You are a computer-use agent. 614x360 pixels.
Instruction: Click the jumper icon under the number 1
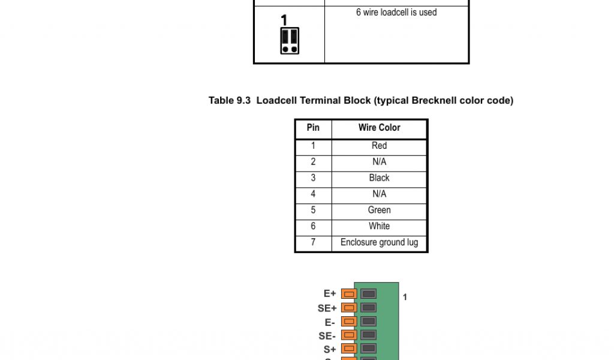[x=290, y=41]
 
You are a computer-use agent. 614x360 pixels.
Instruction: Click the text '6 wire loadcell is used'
[x=396, y=13]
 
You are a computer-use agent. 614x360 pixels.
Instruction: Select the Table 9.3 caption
[x=360, y=101]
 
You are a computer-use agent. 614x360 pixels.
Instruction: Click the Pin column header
[x=313, y=128]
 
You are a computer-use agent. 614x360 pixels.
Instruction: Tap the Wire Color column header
[x=379, y=128]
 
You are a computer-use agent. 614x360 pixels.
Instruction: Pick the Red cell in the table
[x=379, y=146]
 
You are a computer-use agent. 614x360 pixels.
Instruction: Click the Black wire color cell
[x=379, y=178]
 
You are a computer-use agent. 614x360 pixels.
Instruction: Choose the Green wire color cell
[x=379, y=211]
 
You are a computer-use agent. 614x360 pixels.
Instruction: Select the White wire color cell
[x=379, y=226]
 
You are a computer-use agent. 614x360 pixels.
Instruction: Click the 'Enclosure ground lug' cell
[x=379, y=243]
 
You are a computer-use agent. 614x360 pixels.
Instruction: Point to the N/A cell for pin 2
[x=379, y=162]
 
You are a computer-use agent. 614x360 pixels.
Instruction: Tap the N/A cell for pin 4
[x=379, y=194]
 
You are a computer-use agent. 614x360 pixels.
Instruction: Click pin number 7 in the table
[x=313, y=243]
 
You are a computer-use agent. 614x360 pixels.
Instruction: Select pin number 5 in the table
[x=313, y=211]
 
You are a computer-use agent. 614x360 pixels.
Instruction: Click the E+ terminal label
[x=330, y=294]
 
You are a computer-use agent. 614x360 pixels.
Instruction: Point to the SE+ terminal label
[x=327, y=308]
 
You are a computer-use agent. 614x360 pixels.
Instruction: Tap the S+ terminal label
[x=330, y=349]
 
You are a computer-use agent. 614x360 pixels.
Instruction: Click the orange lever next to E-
[x=349, y=322]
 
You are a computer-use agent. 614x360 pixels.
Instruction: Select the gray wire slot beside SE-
[x=368, y=335]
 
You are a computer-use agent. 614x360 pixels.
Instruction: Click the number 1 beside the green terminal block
[x=405, y=297]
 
